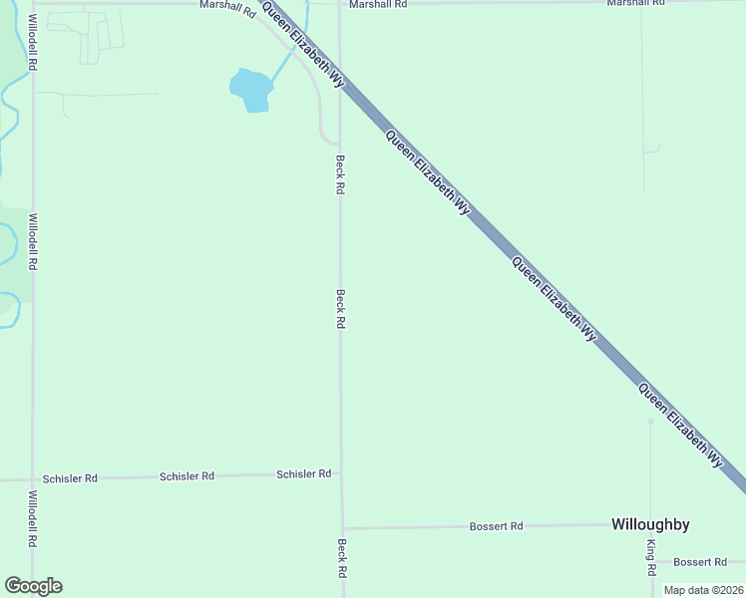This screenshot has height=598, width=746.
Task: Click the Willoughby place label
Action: pos(650,524)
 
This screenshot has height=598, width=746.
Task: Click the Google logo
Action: pos(33,586)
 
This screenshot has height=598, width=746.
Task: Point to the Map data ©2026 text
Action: pos(703,590)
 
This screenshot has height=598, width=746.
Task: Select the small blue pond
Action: pos(251,90)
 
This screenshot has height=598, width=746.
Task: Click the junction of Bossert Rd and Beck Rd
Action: pos(342,528)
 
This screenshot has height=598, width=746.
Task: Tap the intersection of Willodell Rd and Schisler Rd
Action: pos(32,479)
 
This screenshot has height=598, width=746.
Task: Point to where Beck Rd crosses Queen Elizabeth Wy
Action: pos(340,82)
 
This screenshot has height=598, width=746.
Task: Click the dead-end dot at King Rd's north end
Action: pos(650,421)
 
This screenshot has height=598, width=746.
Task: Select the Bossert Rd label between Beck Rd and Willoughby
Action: pos(496,525)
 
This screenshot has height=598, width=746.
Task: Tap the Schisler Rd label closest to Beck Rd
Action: pos(303,474)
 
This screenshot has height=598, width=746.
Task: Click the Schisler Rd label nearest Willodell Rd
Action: pos(70,478)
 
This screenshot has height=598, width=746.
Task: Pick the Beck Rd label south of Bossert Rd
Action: pos(341,558)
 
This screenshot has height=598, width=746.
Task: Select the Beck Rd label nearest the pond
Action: pos(340,174)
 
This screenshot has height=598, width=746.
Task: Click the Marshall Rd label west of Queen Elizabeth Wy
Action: pos(227,5)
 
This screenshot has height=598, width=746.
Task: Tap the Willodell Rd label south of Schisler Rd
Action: pos(33,518)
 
